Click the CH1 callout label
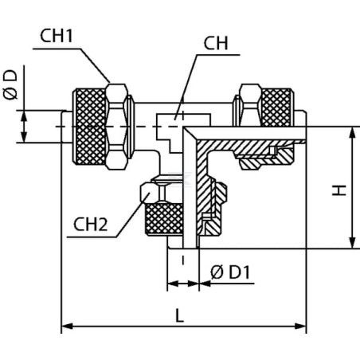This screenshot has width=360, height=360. (x=57, y=36)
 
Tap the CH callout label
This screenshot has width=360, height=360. (x=216, y=43)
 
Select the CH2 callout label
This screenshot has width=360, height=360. (x=90, y=225)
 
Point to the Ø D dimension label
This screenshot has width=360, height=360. (x=10, y=85)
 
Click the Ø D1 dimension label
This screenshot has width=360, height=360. (x=230, y=272)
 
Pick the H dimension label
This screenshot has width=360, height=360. (x=339, y=190)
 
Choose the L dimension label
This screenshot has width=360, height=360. (x=180, y=315)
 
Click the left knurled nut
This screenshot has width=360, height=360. (x=90, y=127)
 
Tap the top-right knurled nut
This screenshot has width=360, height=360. (x=278, y=107)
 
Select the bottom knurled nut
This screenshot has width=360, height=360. (x=164, y=219)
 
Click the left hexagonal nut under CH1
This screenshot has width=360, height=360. (x=117, y=127)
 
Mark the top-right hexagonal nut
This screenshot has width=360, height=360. (x=250, y=105)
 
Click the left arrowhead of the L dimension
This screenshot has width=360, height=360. (x=67, y=326)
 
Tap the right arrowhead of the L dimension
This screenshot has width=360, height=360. (x=301, y=326)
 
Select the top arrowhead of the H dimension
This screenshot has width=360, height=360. (x=352, y=133)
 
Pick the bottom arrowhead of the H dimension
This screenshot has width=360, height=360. (x=352, y=243)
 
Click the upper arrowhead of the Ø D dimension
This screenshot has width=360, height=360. (x=24, y=116)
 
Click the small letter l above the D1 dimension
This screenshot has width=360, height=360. (x=183, y=260)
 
